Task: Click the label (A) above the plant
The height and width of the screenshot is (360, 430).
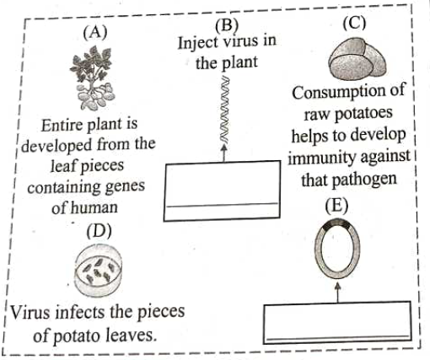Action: coord(95,33)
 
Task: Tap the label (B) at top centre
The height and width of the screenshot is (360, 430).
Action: coord(227,24)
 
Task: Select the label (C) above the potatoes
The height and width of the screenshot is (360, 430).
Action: coord(354,23)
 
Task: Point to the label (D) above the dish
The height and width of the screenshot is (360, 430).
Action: coord(99,231)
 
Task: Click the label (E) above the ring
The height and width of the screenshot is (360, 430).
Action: coord(336,206)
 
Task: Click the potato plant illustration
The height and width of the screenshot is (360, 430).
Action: coord(92,78)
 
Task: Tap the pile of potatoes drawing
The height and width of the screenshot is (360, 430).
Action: coord(357,58)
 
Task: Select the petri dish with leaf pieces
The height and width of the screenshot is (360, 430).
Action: coord(98,271)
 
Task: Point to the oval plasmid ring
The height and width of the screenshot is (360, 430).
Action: coord(315,249)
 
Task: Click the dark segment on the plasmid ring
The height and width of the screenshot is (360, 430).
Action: coord(336,223)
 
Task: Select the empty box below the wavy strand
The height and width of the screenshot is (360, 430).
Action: coord(222,191)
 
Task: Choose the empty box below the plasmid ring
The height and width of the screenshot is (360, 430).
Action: coord(337,322)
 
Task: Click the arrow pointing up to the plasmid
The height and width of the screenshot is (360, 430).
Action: coord(338,293)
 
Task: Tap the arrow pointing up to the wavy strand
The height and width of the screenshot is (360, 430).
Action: coord(224,153)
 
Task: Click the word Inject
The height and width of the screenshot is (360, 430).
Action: coord(198,43)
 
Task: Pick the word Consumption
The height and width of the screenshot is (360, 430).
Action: coord(348,91)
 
